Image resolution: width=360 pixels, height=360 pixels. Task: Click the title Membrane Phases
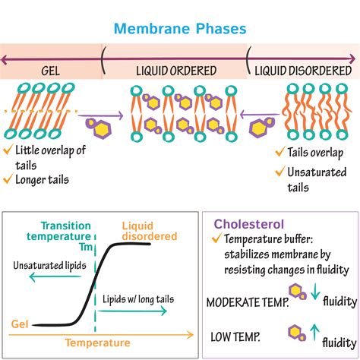[x=180, y=29]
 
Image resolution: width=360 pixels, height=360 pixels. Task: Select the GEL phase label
[x=51, y=71]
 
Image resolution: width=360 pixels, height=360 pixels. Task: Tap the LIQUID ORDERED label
[x=176, y=71]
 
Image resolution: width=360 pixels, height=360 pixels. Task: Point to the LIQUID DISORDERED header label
[x=303, y=71]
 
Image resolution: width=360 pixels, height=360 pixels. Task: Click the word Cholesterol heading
[x=249, y=224]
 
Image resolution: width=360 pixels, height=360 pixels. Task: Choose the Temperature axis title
[x=98, y=343]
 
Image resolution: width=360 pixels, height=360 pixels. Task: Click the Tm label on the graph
[x=86, y=247]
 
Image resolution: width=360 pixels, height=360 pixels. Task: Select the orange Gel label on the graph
[x=20, y=324]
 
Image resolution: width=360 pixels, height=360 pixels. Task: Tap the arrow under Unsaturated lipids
[x=55, y=276]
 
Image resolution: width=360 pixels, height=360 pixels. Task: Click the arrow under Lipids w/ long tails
[x=132, y=311]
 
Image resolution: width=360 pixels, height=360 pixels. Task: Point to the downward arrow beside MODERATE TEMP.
[x=315, y=292]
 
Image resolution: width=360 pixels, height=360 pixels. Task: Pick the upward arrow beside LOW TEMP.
[x=314, y=332]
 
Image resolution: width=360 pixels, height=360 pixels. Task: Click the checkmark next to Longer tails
[x=8, y=178]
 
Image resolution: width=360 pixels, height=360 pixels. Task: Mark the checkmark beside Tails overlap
[x=280, y=151]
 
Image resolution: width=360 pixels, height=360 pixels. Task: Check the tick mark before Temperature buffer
[x=217, y=238]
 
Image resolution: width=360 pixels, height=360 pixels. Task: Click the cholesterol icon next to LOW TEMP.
[x=297, y=333]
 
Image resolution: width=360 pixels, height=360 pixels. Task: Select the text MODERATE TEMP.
[x=248, y=302]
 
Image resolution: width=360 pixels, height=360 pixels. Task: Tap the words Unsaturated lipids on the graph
[x=49, y=266]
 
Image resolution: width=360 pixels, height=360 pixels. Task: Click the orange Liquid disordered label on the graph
[x=150, y=231]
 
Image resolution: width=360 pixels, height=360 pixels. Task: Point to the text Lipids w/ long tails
[x=138, y=299]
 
